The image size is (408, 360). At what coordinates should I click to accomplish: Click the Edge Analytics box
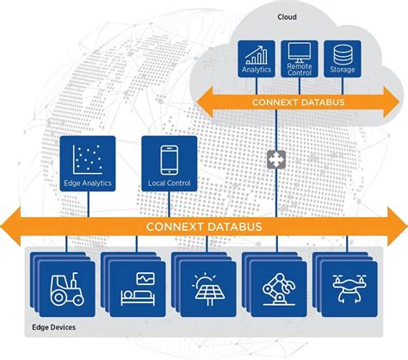tap(86, 164)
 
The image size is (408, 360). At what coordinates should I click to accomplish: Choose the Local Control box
tap(170, 164)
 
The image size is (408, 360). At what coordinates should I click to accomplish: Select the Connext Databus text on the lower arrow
tap(204, 227)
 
